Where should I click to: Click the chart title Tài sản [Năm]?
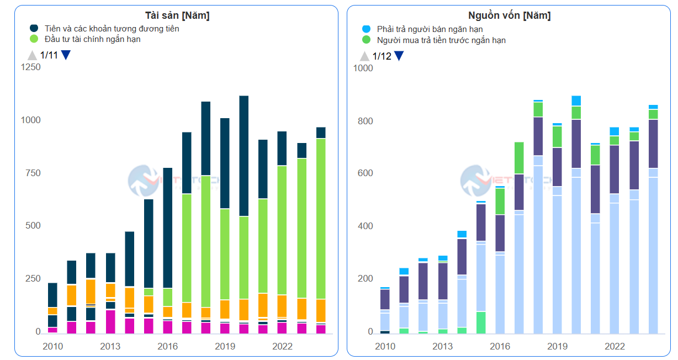(x=177, y=15)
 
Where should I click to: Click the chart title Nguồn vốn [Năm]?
(x=508, y=15)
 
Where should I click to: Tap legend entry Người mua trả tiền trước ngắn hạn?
(x=441, y=40)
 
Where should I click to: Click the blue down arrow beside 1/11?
(x=66, y=55)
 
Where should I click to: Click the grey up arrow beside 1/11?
(x=32, y=55)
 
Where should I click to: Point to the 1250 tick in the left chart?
(x=31, y=67)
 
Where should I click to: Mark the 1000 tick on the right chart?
(x=363, y=68)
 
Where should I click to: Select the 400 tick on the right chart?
(x=366, y=226)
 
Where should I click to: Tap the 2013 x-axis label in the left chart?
(x=110, y=347)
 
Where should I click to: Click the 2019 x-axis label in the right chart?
(x=558, y=347)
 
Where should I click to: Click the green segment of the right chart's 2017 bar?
(x=519, y=158)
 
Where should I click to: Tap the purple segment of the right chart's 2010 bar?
(x=385, y=299)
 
